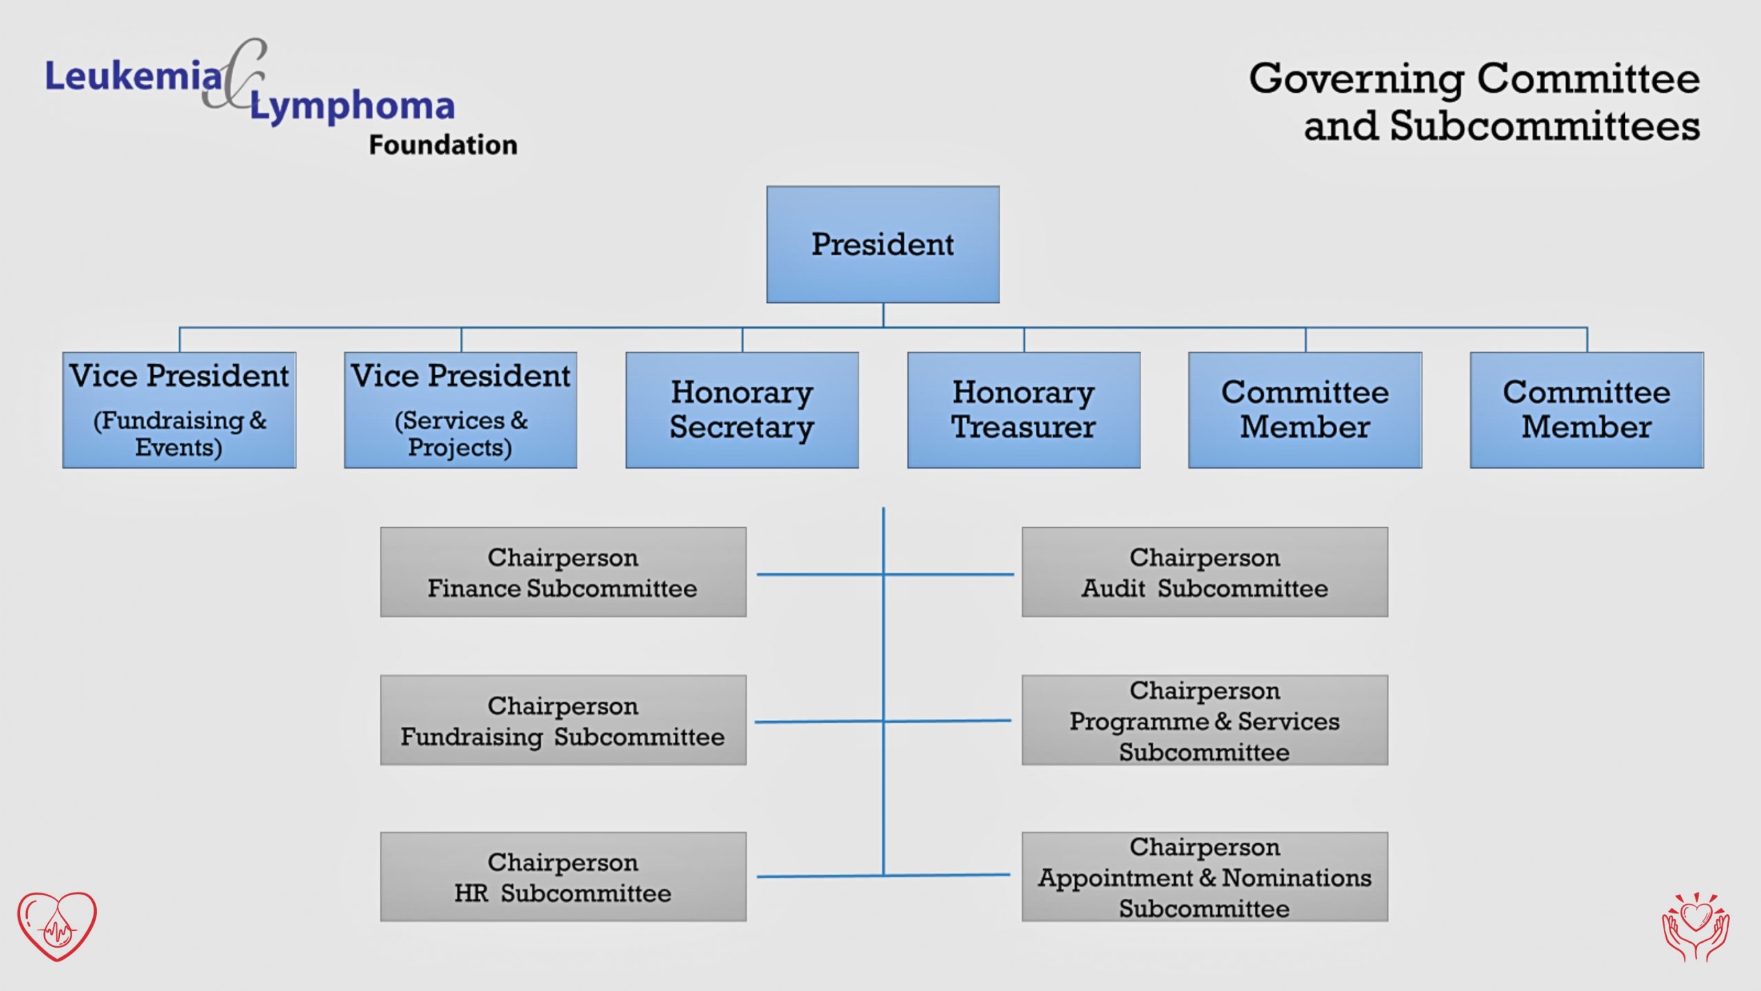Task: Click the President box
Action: tap(883, 244)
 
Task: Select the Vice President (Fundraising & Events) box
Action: tap(179, 410)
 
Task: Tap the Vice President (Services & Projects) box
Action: tap(460, 410)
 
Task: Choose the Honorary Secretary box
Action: tap(742, 410)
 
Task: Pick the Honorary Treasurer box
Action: tap(1024, 410)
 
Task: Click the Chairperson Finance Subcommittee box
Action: tap(563, 572)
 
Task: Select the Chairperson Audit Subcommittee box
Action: tap(1204, 572)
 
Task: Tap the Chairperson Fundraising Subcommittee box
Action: tap(563, 720)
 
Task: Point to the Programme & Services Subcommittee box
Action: tap(1204, 720)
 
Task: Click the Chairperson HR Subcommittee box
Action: tap(563, 877)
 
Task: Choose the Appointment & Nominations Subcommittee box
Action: tap(1204, 877)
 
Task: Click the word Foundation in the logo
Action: tap(443, 145)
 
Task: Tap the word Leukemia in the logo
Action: tap(133, 76)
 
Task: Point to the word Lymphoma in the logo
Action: tap(352, 107)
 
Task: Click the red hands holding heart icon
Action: tap(1696, 926)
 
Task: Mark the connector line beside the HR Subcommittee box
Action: tap(820, 876)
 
